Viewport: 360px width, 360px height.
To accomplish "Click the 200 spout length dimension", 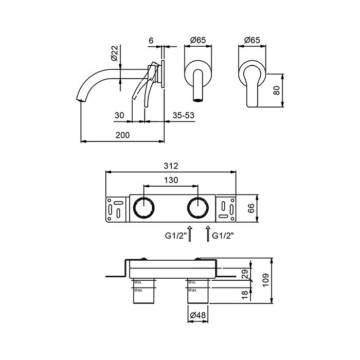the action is (122, 135).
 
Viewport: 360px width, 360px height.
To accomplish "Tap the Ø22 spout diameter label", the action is (115, 53).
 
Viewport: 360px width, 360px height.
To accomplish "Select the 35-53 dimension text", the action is (184, 115).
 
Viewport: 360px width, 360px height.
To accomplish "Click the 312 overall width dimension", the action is (171, 166).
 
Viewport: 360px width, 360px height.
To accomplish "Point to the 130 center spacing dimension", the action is (171, 180).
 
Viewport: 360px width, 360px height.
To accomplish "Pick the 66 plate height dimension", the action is (251, 208).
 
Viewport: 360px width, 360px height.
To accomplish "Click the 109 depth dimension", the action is (266, 280).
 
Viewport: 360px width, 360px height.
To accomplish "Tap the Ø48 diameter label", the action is (198, 315).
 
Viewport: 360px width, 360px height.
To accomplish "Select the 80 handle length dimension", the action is (277, 90).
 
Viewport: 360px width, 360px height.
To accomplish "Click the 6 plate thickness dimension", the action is (151, 41).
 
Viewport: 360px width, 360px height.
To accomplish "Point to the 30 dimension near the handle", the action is (119, 115).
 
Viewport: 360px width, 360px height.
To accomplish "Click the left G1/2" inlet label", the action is (176, 236).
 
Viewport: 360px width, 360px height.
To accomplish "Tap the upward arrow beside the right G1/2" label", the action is (208, 233).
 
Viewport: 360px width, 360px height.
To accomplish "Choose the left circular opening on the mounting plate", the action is (143, 208).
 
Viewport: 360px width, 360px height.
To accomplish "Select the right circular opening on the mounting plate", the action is (198, 208).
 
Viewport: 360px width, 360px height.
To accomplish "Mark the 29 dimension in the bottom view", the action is (245, 274).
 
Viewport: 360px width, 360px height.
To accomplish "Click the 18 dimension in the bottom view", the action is (245, 295).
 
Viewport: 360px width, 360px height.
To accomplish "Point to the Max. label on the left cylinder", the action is (138, 291).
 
